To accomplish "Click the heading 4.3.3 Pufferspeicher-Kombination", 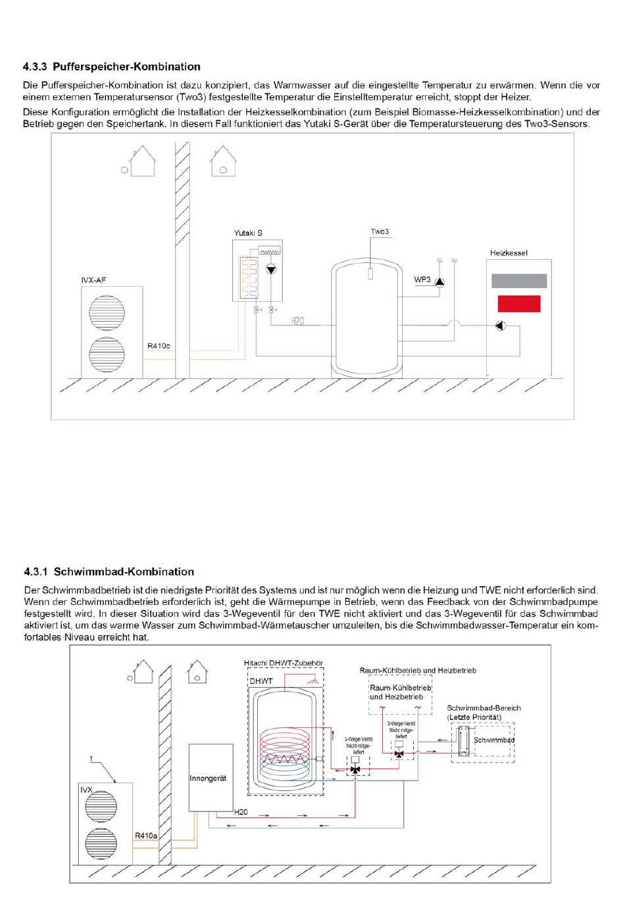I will click(111, 66).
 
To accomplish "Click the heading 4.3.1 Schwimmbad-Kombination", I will click(109, 571).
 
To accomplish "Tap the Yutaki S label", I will click(248, 233).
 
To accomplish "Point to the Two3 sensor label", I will click(380, 231).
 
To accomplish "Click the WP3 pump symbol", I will click(439, 282).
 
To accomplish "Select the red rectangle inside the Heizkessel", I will click(519, 304).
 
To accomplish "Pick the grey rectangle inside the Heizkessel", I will click(519, 281).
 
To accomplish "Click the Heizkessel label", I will click(509, 252).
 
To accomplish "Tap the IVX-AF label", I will click(93, 280).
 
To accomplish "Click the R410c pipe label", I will click(159, 346).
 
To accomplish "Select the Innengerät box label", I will click(208, 778).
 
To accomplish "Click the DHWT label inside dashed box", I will click(261, 681).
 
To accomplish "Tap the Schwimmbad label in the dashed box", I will click(494, 740).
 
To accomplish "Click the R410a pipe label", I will click(146, 836).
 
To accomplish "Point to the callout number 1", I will click(91, 759).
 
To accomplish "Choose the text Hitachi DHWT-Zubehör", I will click(284, 663).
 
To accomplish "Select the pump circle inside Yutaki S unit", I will click(271, 269).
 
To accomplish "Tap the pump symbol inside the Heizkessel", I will click(501, 325).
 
